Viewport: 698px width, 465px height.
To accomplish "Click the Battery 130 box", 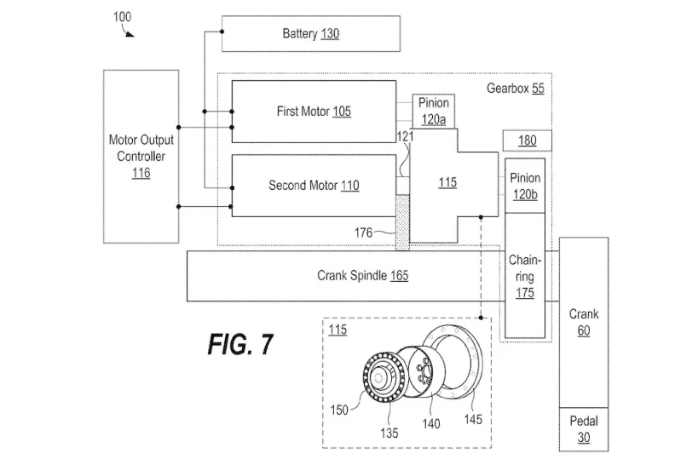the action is point(311,34).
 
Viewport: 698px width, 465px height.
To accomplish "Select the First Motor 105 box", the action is point(314,112).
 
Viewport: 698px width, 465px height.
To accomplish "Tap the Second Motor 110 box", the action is point(314,186).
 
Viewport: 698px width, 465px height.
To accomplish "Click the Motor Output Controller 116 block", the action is point(141,157).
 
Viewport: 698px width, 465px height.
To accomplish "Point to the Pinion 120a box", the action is point(434,112).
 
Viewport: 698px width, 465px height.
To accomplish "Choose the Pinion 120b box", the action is point(525,186).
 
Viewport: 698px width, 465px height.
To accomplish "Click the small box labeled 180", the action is point(527,141).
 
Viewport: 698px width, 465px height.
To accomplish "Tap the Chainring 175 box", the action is point(525,276).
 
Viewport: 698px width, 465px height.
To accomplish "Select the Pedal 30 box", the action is point(584,429).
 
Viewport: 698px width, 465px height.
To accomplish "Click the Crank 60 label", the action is point(584,322).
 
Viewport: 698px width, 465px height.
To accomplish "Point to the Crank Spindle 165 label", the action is point(362,276).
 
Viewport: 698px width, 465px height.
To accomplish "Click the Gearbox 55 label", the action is point(516,89).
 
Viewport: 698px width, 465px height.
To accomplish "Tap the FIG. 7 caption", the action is point(240,344).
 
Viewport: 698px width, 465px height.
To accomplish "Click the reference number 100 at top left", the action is point(122,17).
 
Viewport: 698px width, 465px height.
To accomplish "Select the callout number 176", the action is point(363,232).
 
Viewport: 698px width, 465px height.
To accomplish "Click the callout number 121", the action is point(405,136).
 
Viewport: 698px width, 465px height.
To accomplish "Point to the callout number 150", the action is point(339,410).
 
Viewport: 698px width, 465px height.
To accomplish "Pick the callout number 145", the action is point(473,419).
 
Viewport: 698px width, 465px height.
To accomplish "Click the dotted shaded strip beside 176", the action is point(402,222).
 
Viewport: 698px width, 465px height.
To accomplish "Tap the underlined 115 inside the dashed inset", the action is point(337,330).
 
